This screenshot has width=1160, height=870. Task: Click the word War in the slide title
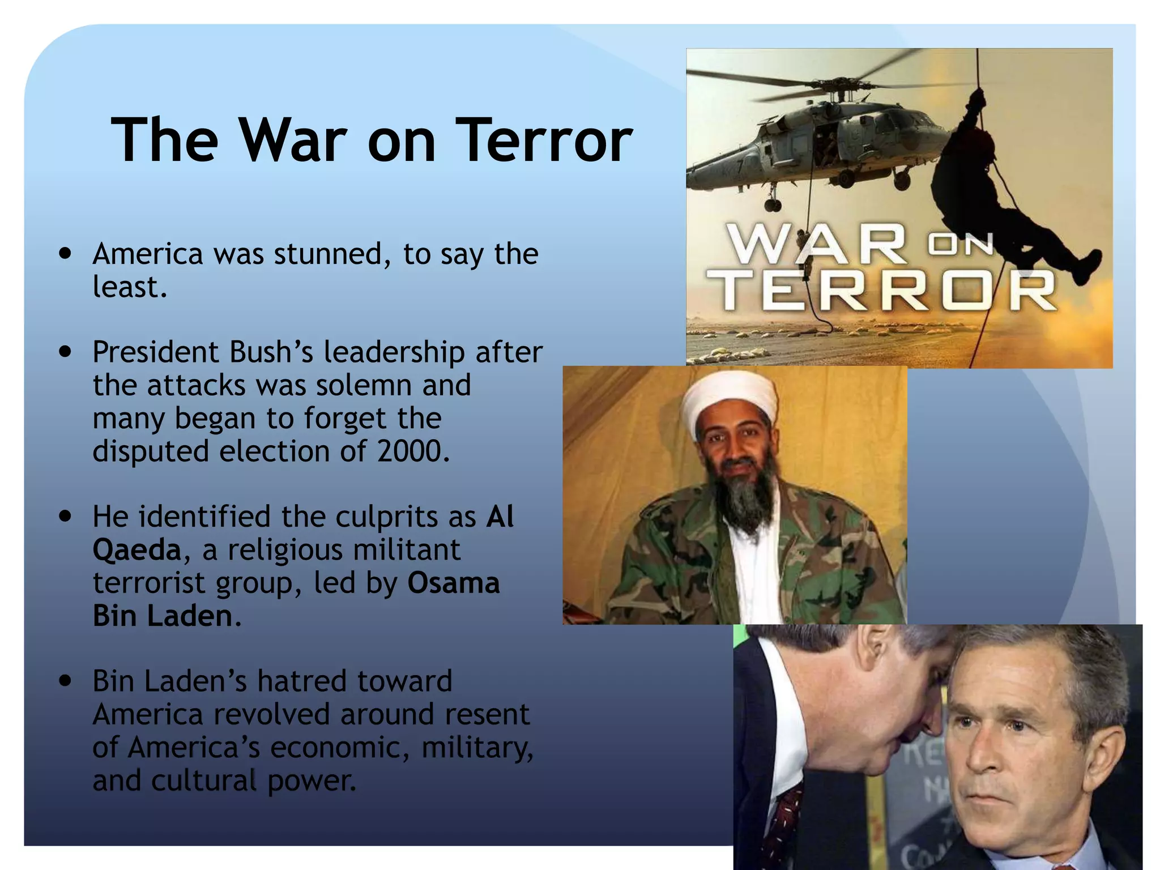[x=293, y=140]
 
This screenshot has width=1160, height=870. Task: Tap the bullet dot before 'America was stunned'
[x=67, y=254]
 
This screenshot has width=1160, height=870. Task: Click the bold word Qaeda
[x=137, y=550]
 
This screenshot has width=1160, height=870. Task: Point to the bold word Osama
[x=454, y=583]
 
